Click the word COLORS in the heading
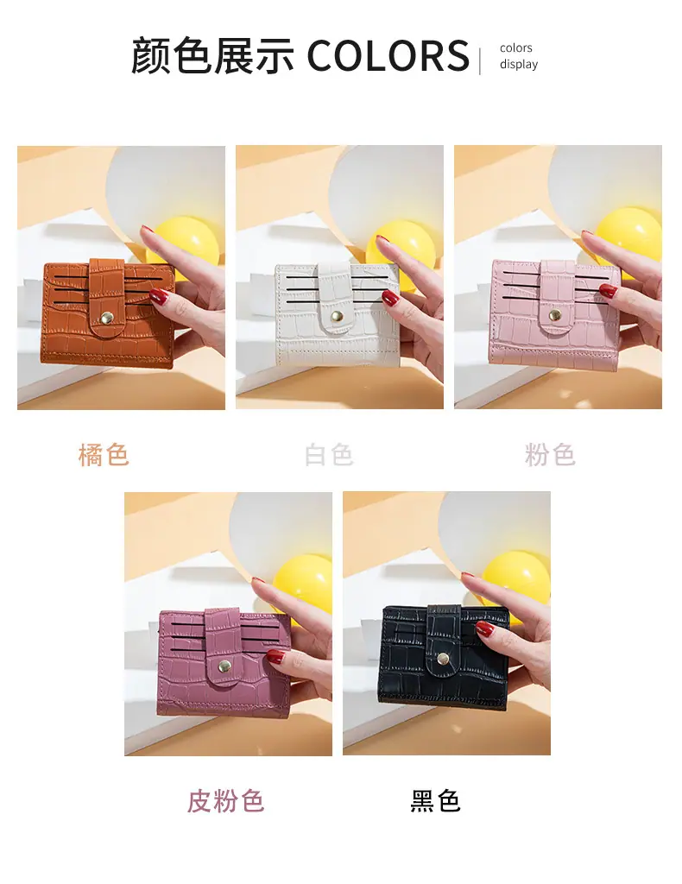(388, 55)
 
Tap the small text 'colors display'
(519, 56)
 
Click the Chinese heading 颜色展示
(212, 55)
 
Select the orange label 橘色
(104, 455)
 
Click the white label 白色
(329, 455)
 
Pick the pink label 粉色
(550, 455)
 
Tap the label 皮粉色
(225, 800)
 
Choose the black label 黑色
(436, 800)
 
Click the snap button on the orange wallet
(105, 320)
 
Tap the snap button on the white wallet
(337, 316)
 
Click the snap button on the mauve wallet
(224, 666)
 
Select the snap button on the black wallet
(442, 658)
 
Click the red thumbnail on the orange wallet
(160, 297)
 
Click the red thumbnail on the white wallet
(390, 298)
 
